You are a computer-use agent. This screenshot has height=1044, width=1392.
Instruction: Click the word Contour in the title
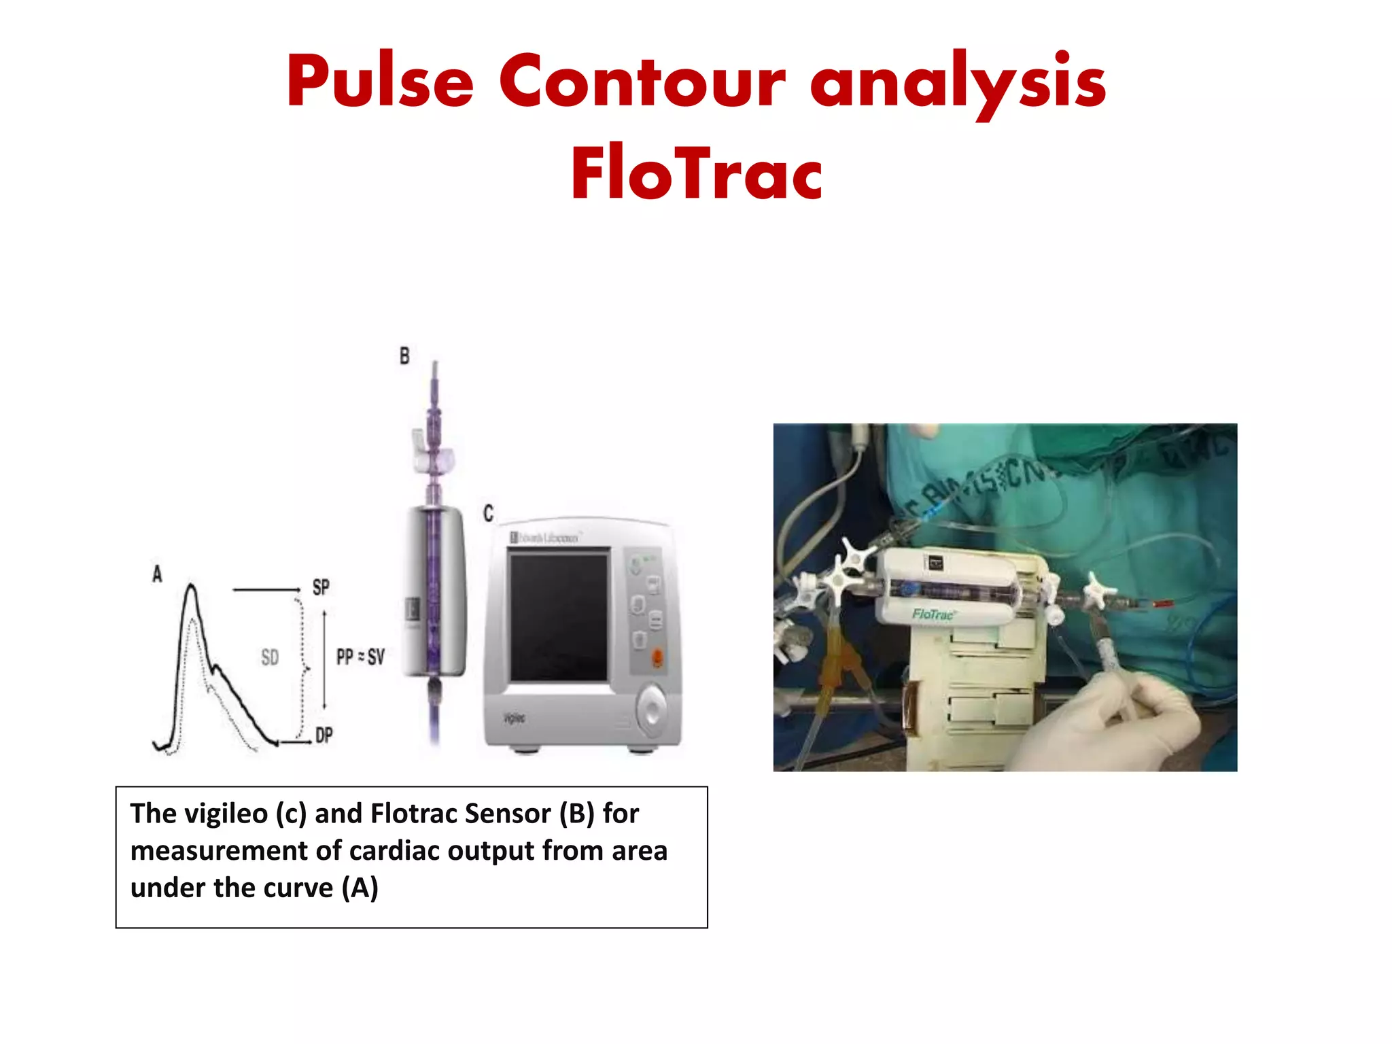[x=642, y=82]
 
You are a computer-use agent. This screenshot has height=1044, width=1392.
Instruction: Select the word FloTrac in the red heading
[x=697, y=174]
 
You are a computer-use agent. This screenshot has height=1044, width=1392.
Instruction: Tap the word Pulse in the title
[x=380, y=82]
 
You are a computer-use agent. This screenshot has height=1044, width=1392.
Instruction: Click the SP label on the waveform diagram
[x=321, y=587]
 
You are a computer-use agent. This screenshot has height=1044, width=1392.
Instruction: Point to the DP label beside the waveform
[x=324, y=735]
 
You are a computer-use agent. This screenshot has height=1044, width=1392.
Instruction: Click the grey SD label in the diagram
[x=270, y=657]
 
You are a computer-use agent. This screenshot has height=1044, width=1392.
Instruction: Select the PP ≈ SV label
[x=360, y=657]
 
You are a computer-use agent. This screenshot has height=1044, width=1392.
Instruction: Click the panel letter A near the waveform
[x=157, y=574]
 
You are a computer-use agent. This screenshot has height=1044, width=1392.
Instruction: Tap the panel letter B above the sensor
[x=404, y=355]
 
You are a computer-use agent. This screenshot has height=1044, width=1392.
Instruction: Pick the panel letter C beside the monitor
[x=488, y=513]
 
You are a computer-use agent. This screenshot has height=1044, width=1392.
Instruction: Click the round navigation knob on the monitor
[x=652, y=710]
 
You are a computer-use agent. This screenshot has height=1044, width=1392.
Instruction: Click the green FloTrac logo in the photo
[x=933, y=614]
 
